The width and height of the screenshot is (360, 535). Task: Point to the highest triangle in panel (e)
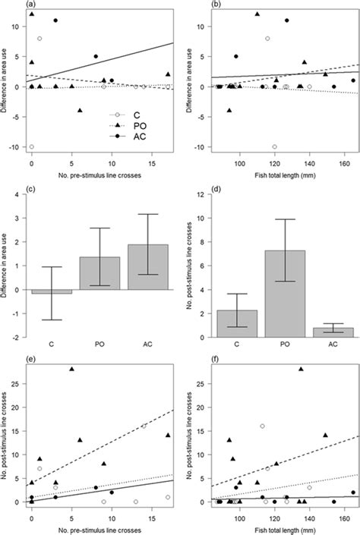[72, 369]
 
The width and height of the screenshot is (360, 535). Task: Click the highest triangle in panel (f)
[301, 369]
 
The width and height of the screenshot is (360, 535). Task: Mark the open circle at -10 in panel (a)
[31, 146]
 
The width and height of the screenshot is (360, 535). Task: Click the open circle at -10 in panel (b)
[274, 146]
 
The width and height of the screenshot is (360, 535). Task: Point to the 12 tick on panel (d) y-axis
[209, 195]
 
